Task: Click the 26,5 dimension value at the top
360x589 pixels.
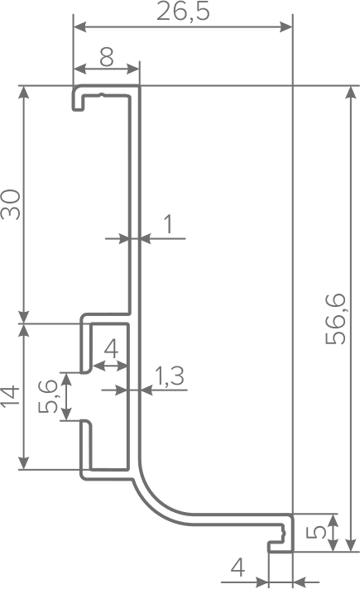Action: point(183,12)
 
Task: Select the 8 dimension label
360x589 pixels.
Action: point(107,57)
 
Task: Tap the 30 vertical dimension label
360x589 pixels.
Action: point(11,204)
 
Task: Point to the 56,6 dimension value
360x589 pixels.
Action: point(335,318)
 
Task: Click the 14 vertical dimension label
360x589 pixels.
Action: point(11,395)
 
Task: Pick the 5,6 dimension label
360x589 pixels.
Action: point(49,396)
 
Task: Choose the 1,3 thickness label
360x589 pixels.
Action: point(170,376)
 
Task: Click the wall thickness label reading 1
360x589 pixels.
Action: point(169,224)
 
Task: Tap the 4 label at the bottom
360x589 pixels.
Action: point(238,567)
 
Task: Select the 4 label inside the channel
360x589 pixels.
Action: point(111,349)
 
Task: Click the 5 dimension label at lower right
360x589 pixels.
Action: point(316,532)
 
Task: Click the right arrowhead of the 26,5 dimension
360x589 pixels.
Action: point(286,26)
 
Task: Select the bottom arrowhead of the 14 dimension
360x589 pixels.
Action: point(24,463)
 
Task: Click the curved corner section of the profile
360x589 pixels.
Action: point(157,500)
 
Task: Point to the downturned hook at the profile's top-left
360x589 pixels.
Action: point(78,98)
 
